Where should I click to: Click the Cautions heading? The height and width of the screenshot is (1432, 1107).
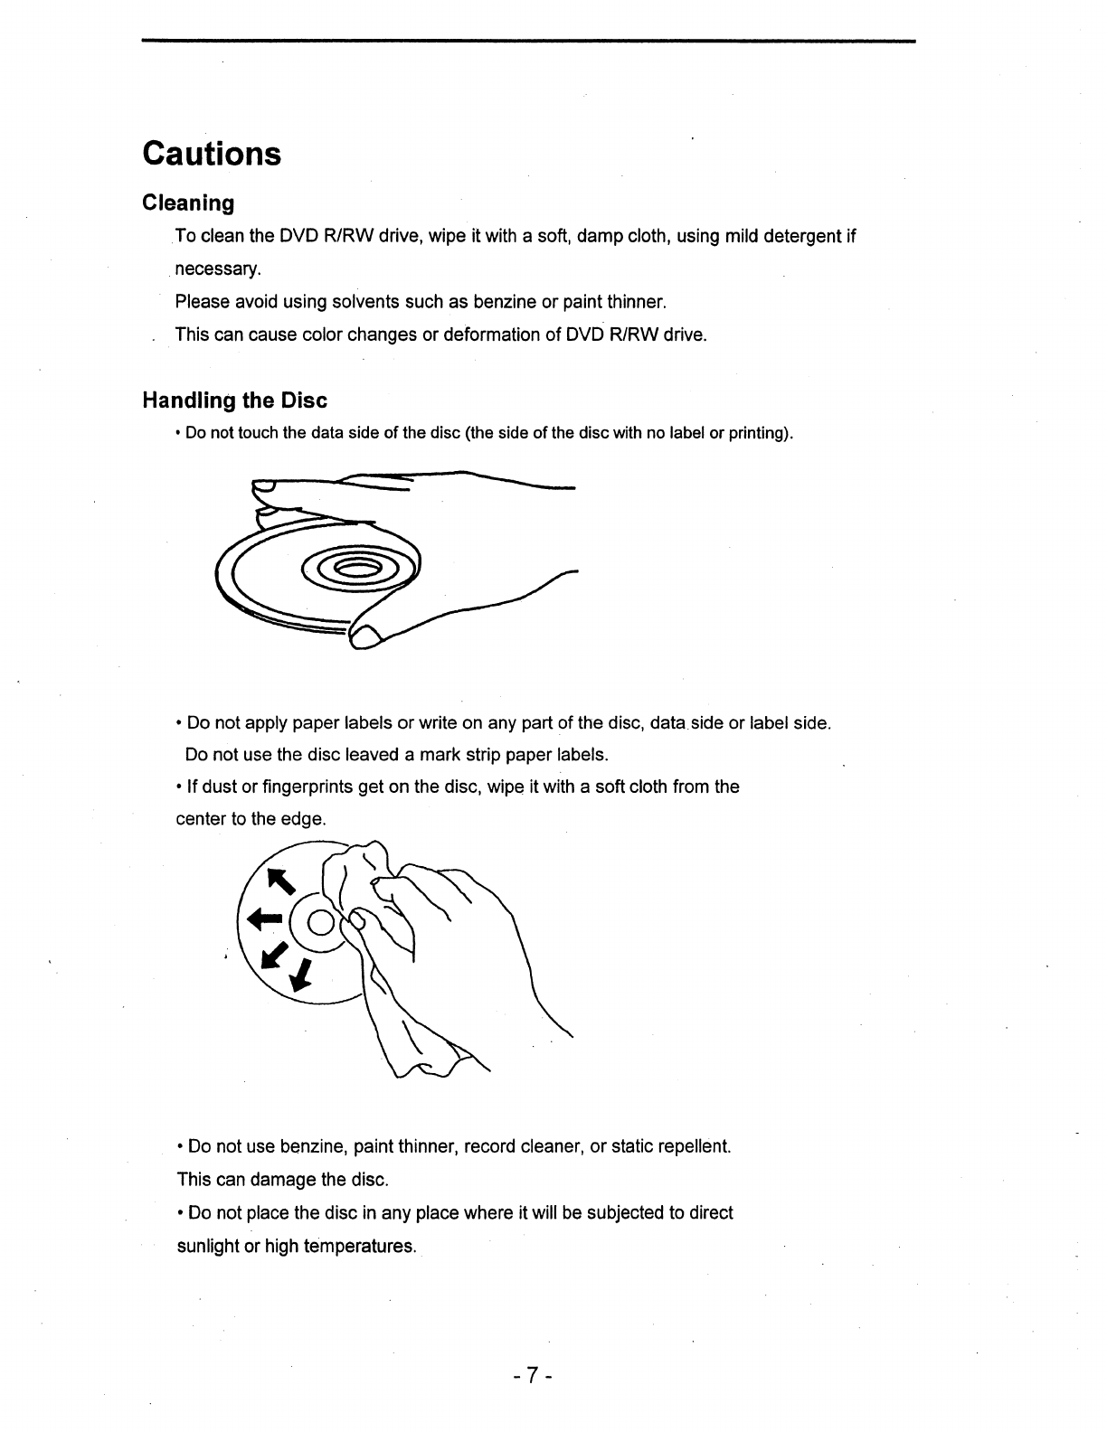[x=212, y=154]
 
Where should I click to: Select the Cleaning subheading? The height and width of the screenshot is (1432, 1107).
[x=188, y=203]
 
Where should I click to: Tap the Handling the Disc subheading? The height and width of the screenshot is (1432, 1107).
[x=234, y=400]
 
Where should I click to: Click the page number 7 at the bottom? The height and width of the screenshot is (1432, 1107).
[x=533, y=1376]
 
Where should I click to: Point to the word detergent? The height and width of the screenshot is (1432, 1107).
[x=801, y=237]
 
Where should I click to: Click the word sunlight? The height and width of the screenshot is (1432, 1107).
[x=208, y=1246]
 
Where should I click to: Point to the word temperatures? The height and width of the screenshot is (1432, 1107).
[x=359, y=1246]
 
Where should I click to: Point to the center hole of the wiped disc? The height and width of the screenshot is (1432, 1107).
[x=320, y=922]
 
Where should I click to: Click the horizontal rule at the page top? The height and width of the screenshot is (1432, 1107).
[x=528, y=41]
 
